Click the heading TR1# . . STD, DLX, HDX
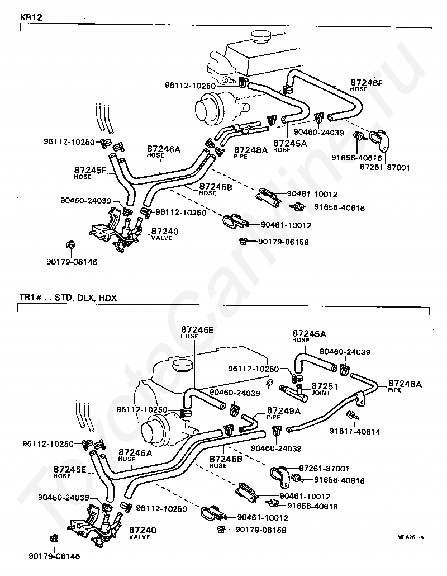coord(68,298)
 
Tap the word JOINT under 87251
coord(320,393)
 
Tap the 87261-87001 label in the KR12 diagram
coord(384,167)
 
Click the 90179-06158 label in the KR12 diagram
coord(283,242)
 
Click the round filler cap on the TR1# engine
coord(182,365)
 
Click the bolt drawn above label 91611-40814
coord(353,416)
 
